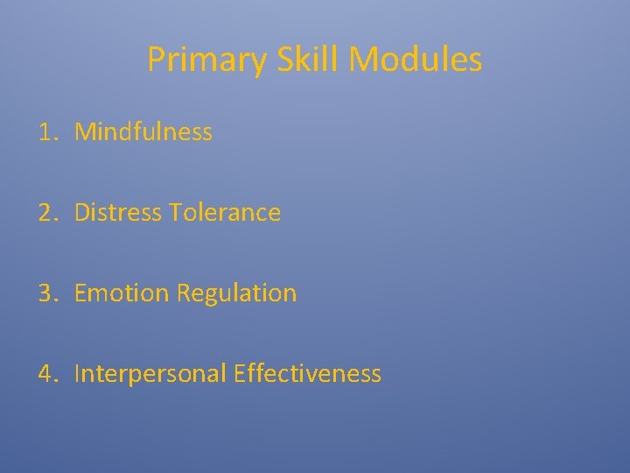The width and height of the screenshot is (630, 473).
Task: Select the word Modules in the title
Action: click(x=416, y=60)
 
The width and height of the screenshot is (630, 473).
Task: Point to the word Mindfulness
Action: click(x=143, y=132)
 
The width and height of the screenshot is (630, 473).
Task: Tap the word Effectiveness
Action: click(x=307, y=374)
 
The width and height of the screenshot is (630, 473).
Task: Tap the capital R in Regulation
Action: click(x=183, y=293)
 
